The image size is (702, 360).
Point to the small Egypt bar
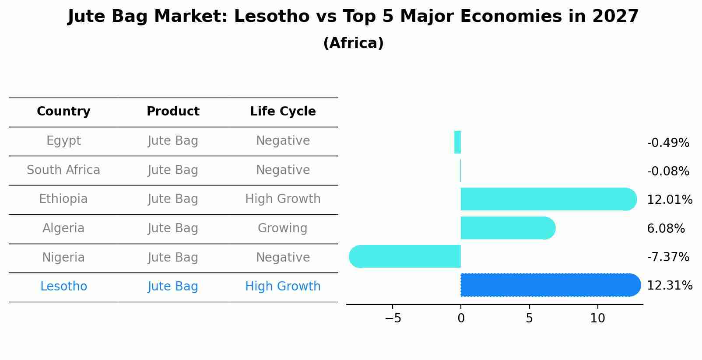(457, 142)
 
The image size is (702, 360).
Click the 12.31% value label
(669, 286)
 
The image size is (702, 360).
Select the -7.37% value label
(668, 257)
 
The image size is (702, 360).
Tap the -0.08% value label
(668, 171)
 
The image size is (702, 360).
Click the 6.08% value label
(666, 229)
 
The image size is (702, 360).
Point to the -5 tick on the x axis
(393, 318)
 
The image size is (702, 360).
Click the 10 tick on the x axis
(597, 318)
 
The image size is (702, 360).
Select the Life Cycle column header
(283, 112)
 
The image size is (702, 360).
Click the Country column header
(63, 112)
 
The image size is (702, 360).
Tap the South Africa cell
(63, 170)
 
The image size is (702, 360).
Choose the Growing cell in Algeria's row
(283, 228)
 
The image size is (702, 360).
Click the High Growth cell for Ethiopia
(283, 199)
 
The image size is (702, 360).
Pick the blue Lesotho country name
(63, 287)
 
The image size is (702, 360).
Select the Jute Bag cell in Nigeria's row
(173, 258)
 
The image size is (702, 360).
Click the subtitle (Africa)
(353, 43)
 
